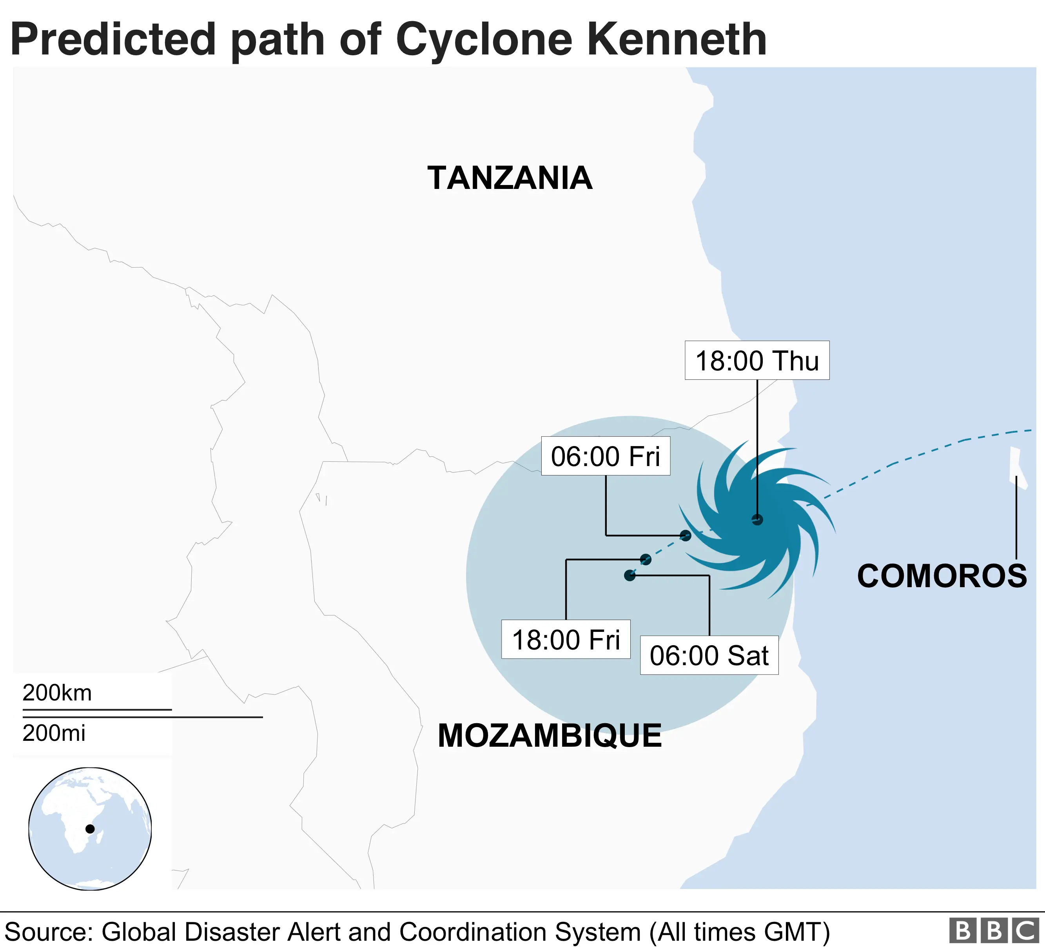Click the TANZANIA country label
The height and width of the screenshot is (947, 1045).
tap(510, 178)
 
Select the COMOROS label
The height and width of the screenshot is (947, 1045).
tap(942, 576)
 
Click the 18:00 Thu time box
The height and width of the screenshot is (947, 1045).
tap(757, 361)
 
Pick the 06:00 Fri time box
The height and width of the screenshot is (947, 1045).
tap(606, 456)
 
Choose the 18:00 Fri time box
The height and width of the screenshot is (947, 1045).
tap(566, 640)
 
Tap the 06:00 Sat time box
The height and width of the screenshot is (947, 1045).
tap(709, 655)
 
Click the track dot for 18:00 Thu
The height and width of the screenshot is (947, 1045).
tap(757, 519)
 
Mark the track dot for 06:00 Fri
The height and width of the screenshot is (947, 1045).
tap(685, 535)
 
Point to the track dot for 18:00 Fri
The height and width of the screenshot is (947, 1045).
tap(645, 559)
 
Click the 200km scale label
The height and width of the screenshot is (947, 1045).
tap(57, 693)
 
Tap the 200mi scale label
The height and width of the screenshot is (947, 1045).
tap(54, 733)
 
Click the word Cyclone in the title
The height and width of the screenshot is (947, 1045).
tap(484, 40)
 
